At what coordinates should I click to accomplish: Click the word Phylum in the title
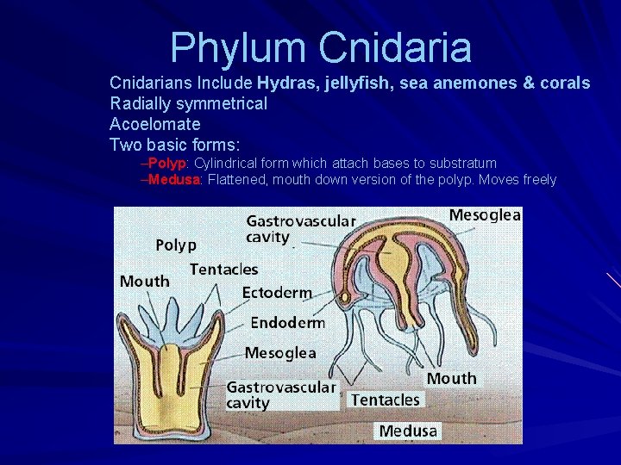click(239, 48)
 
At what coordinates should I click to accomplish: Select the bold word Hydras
click(286, 84)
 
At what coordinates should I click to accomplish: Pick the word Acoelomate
click(155, 124)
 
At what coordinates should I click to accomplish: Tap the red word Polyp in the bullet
click(167, 164)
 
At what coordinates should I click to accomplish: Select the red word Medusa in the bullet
click(174, 180)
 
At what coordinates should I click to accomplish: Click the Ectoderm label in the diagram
click(277, 293)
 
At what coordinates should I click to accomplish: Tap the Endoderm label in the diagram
click(287, 323)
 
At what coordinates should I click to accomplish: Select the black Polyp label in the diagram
click(175, 245)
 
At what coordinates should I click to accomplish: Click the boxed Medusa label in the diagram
click(408, 430)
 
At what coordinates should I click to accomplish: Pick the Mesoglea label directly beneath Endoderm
click(280, 352)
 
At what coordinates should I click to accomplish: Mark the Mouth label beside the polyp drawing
click(144, 282)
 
